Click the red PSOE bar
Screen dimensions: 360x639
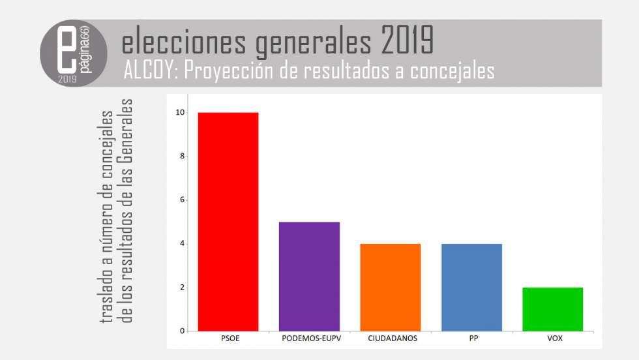click(x=228, y=222)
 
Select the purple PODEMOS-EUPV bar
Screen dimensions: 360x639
click(x=309, y=277)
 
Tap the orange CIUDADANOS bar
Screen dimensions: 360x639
click(x=390, y=288)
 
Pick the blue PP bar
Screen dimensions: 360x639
click(x=471, y=288)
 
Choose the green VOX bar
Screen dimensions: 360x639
click(x=552, y=309)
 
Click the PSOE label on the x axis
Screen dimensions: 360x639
click(x=228, y=339)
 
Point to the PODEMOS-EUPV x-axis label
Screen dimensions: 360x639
click(x=309, y=339)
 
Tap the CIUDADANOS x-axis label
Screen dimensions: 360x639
click(x=390, y=339)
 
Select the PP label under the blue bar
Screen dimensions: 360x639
click(x=471, y=339)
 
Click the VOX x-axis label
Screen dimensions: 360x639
click(x=552, y=339)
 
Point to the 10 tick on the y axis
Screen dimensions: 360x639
click(x=180, y=113)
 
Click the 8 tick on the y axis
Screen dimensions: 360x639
click(x=182, y=157)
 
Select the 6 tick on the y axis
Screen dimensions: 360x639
click(x=182, y=200)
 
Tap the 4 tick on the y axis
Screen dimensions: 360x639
click(x=182, y=244)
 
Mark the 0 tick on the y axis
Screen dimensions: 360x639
click(x=182, y=331)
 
